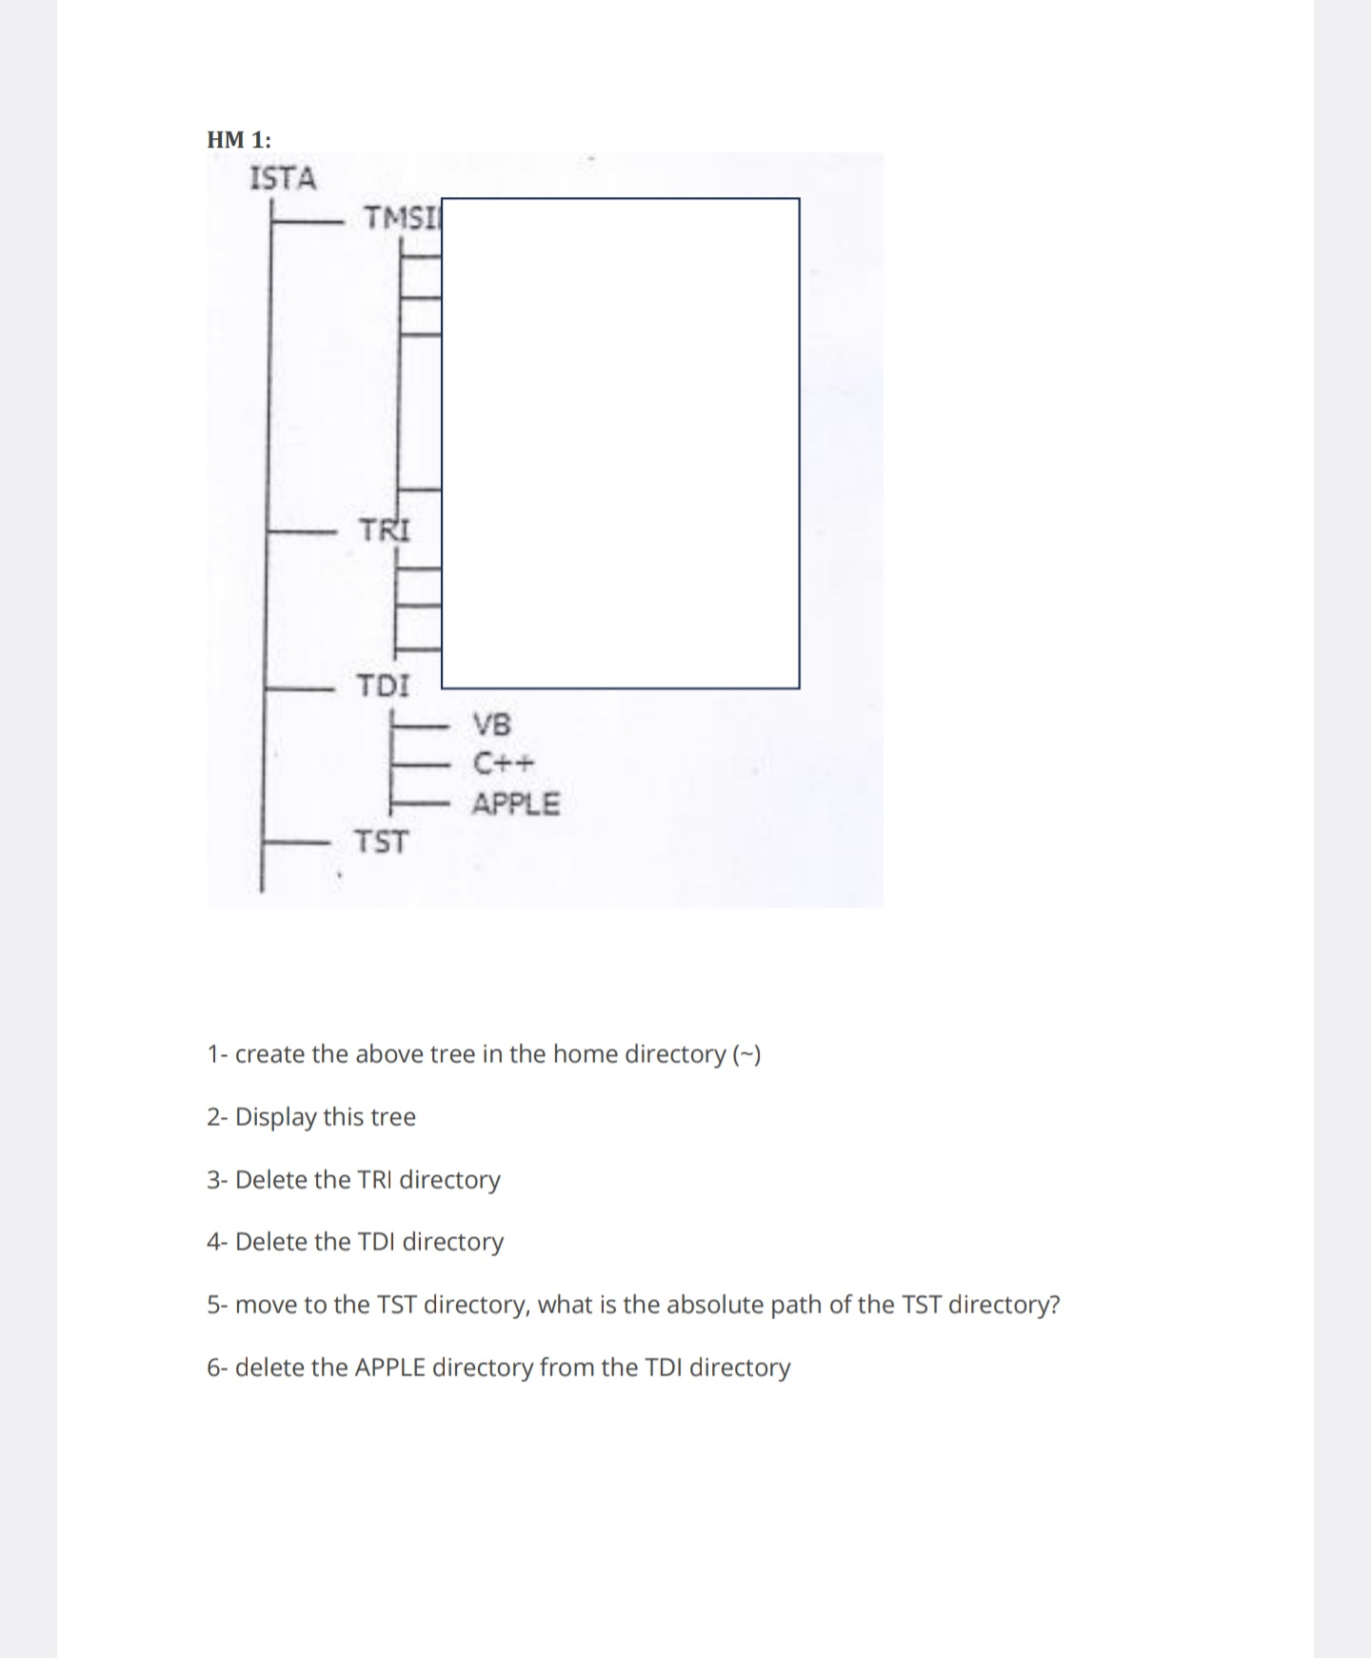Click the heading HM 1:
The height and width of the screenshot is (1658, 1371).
[238, 140]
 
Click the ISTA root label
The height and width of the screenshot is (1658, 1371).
[282, 178]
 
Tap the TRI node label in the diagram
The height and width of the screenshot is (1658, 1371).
[385, 529]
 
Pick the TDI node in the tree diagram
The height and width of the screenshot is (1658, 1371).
[383, 685]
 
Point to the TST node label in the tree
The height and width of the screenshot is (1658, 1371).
[381, 842]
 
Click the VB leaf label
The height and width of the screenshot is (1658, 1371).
[492, 725]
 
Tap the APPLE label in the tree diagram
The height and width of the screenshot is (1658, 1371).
[516, 804]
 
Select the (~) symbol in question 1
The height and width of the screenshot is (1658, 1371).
[746, 1054]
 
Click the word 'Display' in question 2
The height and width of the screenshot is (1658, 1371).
[275, 1117]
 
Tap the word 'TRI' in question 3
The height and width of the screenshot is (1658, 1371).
[375, 1180]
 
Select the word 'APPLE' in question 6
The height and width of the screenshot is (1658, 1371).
[390, 1368]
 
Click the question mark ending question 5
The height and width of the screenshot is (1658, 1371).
[1054, 1305]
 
